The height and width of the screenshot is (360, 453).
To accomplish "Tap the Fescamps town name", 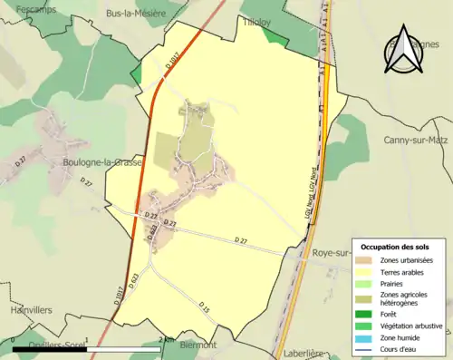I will pyautogui.click(x=18, y=7).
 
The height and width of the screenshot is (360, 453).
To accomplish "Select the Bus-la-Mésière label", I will pyautogui.click(x=135, y=14).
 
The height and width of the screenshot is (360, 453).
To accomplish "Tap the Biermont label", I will pyautogui.click(x=198, y=345).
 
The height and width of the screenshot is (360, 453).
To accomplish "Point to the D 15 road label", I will pyautogui.click(x=204, y=306).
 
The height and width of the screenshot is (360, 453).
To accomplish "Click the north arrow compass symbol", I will pyautogui.click(x=404, y=51).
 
